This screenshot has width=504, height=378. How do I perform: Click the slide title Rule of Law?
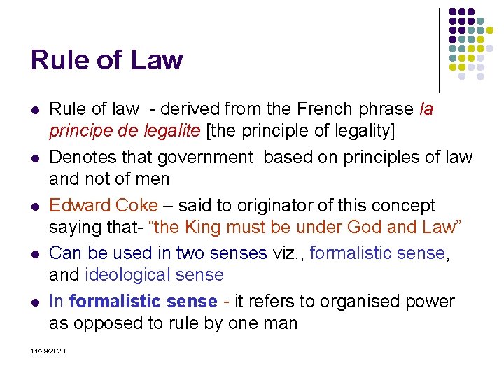(x=106, y=60)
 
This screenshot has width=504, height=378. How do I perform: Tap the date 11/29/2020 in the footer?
(x=48, y=350)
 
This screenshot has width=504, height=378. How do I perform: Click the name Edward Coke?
(x=104, y=206)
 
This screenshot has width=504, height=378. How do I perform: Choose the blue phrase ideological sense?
(x=154, y=275)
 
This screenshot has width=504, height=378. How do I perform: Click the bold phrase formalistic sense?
(x=143, y=302)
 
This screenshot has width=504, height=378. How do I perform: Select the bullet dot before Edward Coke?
(x=35, y=206)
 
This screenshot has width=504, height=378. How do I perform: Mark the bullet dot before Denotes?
(x=35, y=158)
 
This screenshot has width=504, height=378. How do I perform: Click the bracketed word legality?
(x=357, y=131)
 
